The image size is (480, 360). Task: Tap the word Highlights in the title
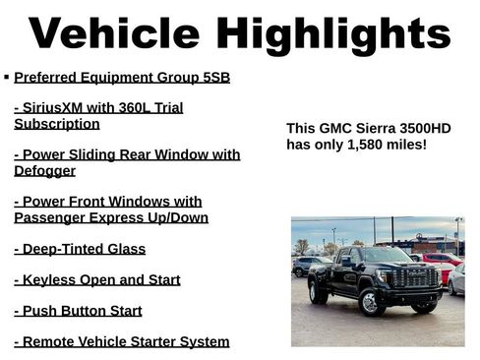pyautogui.click(x=333, y=35)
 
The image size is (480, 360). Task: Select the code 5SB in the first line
pyautogui.click(x=214, y=77)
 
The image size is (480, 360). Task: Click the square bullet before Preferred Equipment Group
pyautogui.click(x=7, y=76)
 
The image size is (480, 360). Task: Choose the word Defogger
pyautogui.click(x=44, y=170)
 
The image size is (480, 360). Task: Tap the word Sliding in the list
pyautogui.click(x=95, y=154)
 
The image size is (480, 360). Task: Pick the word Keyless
pyautogui.click(x=51, y=279)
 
